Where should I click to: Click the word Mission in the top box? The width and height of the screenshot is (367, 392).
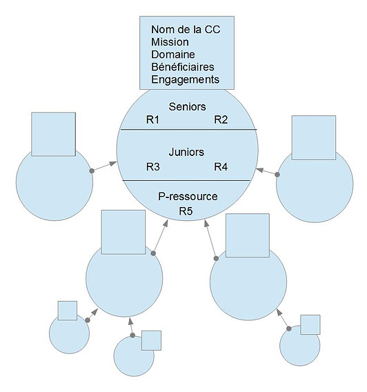coord(170,42)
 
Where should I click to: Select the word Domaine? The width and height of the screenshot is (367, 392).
coord(173,55)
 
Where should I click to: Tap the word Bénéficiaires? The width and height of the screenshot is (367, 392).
coord(183,67)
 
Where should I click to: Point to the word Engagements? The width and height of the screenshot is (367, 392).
coord(185,80)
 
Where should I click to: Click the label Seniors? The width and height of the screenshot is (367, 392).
coord(188,107)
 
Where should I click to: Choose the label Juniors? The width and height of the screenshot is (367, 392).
coord(186,152)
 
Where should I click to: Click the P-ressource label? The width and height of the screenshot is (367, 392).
coord(188,197)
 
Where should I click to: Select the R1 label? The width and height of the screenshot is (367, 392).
coord(152,120)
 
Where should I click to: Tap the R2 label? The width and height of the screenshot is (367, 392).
coord(221,120)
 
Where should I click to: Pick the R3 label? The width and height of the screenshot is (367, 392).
coord(153,167)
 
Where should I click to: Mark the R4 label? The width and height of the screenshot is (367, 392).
coord(221,167)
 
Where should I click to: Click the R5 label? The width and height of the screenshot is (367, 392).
coord(186,211)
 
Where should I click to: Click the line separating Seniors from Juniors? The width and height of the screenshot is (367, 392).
coord(188,130)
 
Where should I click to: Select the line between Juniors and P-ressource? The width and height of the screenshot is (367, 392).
coord(186,180)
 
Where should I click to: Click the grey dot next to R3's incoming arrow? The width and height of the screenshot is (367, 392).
coord(92,170)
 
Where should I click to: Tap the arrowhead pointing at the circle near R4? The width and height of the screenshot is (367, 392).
coord(260,170)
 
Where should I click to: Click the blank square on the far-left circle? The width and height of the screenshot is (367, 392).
coord(54,135)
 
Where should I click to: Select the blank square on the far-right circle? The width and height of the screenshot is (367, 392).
coord(314,137)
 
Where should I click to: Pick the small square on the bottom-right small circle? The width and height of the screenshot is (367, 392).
coord(310,324)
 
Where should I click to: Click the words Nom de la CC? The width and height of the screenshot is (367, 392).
coord(186,30)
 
